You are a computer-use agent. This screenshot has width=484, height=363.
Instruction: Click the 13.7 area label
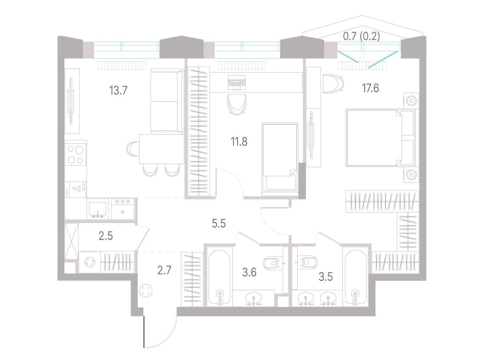point(118,90)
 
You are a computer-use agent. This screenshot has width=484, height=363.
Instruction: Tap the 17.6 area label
point(371,88)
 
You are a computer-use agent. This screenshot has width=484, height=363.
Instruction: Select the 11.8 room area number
point(239,142)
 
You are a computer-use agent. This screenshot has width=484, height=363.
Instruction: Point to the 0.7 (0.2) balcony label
point(361,36)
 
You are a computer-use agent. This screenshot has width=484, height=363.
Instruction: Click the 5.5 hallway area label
point(219,224)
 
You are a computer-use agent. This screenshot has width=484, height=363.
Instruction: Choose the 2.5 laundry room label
point(106,236)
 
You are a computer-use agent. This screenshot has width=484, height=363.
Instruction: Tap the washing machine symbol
point(90,262)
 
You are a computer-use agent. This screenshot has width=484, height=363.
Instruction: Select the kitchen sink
point(98,209)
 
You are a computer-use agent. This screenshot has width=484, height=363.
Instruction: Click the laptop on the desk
point(237,82)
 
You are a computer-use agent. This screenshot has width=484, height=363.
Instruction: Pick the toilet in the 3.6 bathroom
point(272,263)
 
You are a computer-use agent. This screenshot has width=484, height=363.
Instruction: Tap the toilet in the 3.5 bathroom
point(307,262)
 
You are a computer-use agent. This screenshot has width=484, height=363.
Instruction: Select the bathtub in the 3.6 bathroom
point(220,278)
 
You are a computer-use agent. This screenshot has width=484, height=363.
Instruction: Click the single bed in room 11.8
point(280,159)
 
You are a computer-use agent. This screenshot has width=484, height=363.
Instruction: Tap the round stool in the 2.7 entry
point(146,290)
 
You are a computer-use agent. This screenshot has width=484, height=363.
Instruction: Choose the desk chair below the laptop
point(237,104)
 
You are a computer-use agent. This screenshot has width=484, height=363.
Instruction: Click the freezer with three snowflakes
point(123,208)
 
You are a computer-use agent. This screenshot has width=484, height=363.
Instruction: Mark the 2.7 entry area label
point(164,270)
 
